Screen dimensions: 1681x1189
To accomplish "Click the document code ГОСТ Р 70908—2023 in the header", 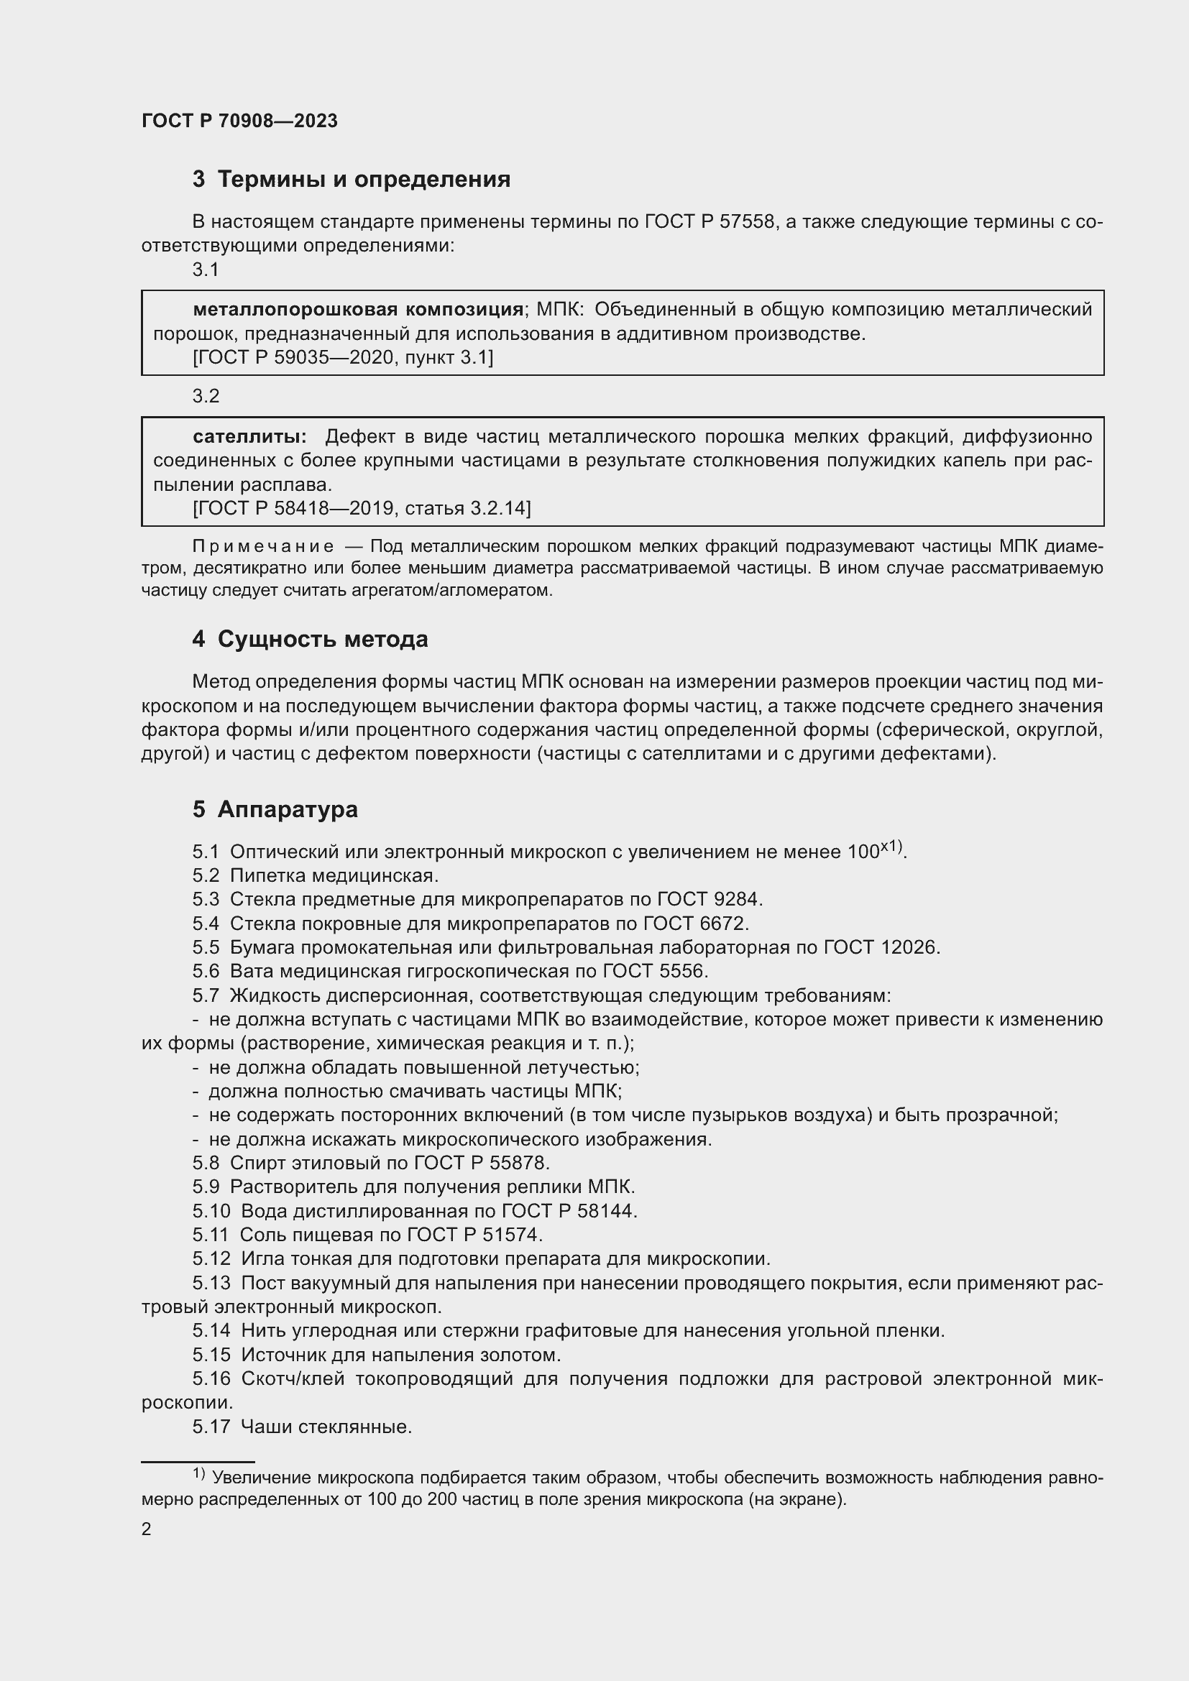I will pyautogui.click(x=239, y=121).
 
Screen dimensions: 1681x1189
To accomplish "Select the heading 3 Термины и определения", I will pyautogui.click(x=352, y=180).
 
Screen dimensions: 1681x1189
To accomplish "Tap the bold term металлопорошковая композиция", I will pyautogui.click(x=357, y=310).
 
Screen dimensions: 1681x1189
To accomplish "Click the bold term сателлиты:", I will pyautogui.click(x=249, y=436).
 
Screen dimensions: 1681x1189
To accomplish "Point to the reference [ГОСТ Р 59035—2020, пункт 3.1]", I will pyautogui.click(x=343, y=357).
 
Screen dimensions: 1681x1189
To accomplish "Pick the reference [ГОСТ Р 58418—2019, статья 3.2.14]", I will pyautogui.click(x=362, y=507).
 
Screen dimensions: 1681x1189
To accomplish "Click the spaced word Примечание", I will pyautogui.click(x=263, y=546).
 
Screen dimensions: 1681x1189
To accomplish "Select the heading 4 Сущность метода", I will pyautogui.click(x=310, y=639).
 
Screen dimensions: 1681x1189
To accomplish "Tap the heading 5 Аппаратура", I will pyautogui.click(x=275, y=809).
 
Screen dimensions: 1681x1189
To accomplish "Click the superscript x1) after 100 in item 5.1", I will pyautogui.click(x=891, y=847).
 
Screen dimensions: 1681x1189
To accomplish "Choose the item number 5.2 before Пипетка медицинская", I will pyautogui.click(x=206, y=875).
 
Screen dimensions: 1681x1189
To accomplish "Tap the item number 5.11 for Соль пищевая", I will pyautogui.click(x=211, y=1235).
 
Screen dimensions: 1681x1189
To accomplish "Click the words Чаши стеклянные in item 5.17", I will pyautogui.click(x=326, y=1427).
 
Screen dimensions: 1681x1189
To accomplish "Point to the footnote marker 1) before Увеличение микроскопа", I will pyautogui.click(x=200, y=1473).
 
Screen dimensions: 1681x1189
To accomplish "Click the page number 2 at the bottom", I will pyautogui.click(x=147, y=1530).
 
